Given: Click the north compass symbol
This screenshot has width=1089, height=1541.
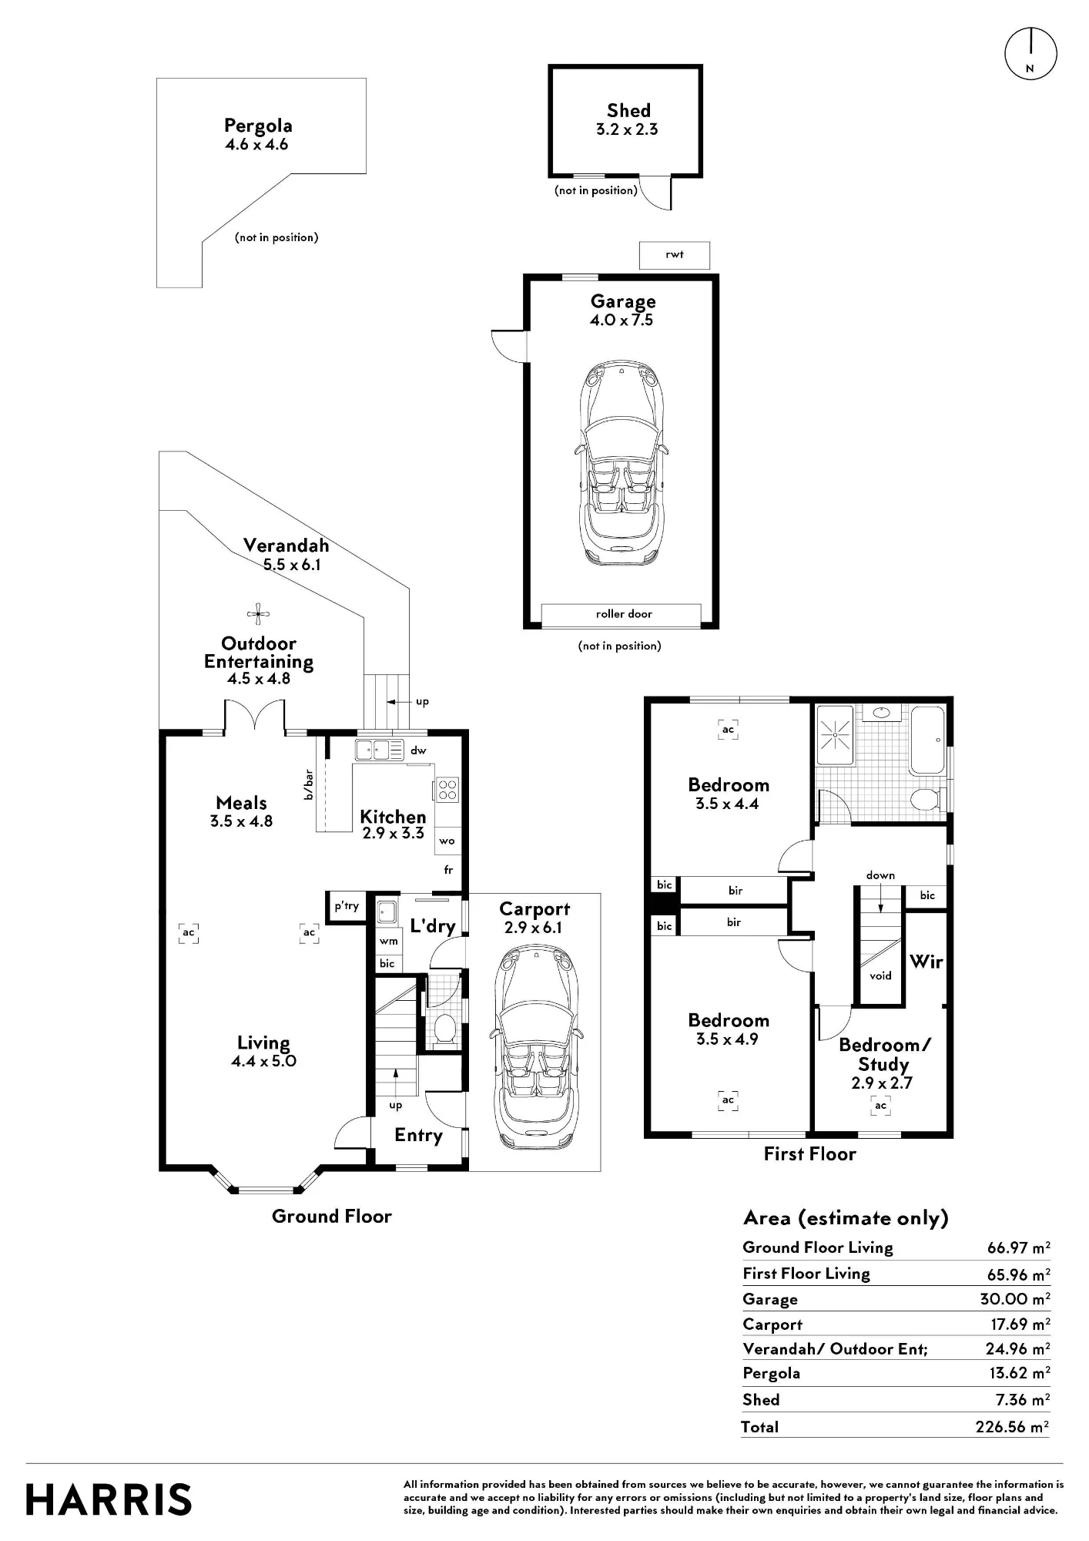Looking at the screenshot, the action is click(x=1030, y=54).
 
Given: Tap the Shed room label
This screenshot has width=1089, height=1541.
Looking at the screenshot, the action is click(x=628, y=111).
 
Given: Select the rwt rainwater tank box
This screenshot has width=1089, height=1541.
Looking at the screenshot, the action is click(x=675, y=255).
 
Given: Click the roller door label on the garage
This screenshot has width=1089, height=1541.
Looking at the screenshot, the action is click(x=624, y=614).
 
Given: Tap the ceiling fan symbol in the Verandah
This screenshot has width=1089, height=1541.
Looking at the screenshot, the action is click(x=259, y=614).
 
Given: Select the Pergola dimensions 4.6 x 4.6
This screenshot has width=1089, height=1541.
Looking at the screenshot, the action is click(x=256, y=144).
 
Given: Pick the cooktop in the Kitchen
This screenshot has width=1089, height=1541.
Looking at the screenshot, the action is click(x=447, y=791).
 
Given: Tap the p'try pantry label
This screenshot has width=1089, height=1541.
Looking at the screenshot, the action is click(x=347, y=906).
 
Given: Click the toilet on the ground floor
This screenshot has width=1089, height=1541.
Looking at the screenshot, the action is click(x=444, y=1029).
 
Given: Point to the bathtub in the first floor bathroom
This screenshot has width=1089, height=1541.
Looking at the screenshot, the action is click(x=927, y=740).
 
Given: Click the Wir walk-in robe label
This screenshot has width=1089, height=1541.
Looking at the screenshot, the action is click(x=926, y=962).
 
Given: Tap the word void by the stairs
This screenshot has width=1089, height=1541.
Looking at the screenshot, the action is click(x=880, y=975).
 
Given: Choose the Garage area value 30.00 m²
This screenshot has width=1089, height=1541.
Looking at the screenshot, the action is click(x=1015, y=1299).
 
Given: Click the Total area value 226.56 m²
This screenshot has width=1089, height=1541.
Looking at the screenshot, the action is click(x=1012, y=1427).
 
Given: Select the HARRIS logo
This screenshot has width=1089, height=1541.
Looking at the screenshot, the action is click(x=109, y=1499).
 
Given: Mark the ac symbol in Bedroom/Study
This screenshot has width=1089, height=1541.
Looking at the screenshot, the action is click(x=880, y=1106).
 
